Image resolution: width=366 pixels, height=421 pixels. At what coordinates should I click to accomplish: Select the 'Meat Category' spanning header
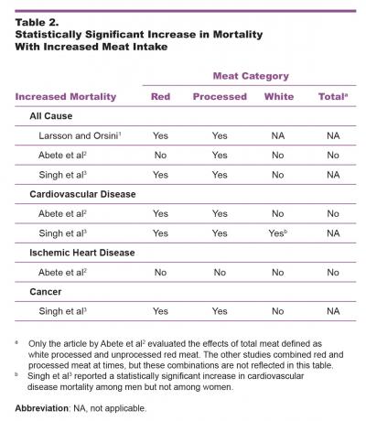tap(251, 76)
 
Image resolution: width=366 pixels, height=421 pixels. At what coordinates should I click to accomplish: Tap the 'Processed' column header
tap(220, 96)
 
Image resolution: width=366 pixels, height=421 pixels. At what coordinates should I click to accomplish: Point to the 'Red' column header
tap(160, 96)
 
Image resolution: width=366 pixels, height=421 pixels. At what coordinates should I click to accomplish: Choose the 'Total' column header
tap(331, 96)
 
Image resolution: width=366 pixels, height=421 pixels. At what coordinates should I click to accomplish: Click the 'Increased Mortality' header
tap(69, 96)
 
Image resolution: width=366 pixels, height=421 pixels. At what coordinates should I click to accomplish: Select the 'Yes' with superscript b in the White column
tap(279, 232)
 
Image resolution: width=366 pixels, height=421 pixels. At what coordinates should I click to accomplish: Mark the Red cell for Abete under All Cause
tap(160, 155)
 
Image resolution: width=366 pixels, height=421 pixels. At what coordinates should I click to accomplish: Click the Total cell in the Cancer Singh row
tap(333, 311)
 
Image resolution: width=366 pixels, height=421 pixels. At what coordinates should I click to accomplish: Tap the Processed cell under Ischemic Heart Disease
tap(220, 272)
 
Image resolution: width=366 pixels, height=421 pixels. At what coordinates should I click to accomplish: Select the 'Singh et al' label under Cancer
tap(56, 311)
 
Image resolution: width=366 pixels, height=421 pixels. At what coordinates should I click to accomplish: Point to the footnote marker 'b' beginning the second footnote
tap(16, 374)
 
